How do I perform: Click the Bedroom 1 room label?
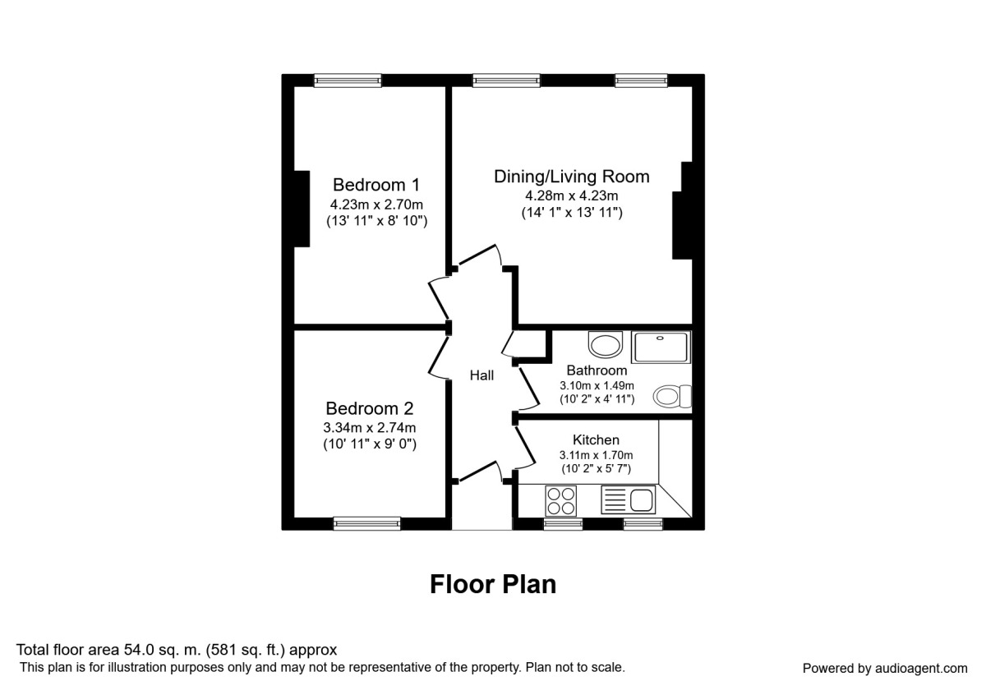(x=369, y=185)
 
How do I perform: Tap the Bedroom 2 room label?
(x=369, y=408)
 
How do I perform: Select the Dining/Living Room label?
(x=571, y=177)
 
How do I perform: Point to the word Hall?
(x=481, y=375)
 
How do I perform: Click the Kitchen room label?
(x=596, y=440)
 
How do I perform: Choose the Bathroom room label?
(x=597, y=370)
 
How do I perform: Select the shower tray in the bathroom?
(x=661, y=347)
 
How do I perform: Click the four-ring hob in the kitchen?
(x=561, y=499)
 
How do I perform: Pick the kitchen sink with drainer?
(x=627, y=499)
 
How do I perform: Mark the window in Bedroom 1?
(x=348, y=80)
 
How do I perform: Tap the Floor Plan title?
(x=493, y=584)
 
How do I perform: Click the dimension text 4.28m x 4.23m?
(x=571, y=195)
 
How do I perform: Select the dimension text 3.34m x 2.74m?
(x=369, y=427)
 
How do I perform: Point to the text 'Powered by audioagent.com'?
(x=885, y=668)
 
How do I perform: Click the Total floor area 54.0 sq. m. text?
(x=177, y=650)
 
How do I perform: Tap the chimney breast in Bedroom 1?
(x=301, y=209)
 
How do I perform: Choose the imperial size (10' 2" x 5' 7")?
(x=596, y=469)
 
